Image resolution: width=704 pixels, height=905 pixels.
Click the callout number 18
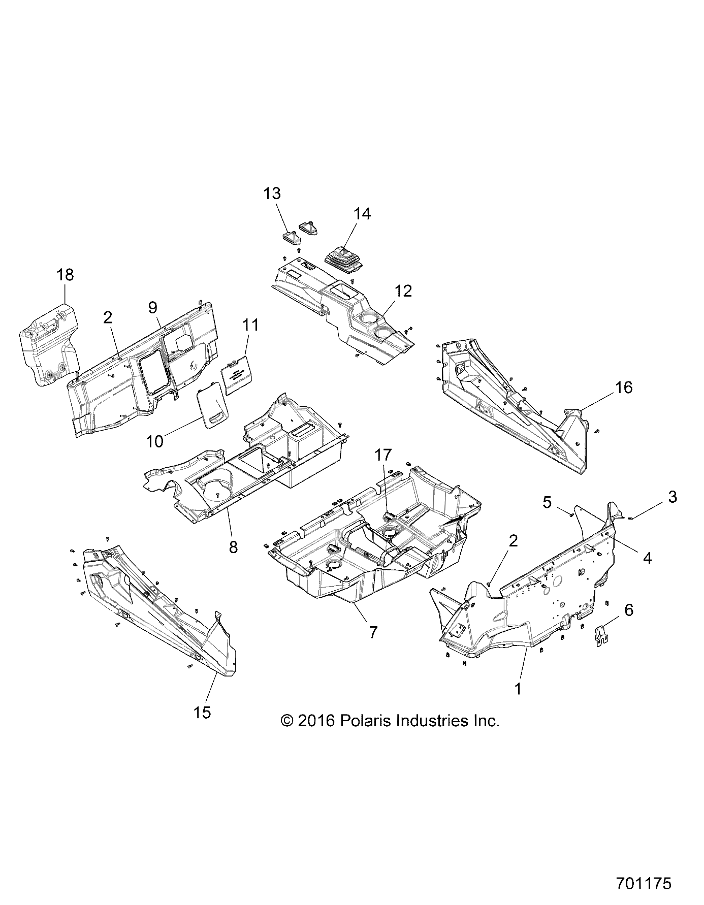point(66,275)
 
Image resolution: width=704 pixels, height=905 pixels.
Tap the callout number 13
point(272,193)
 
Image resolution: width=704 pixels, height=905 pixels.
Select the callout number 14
point(362,214)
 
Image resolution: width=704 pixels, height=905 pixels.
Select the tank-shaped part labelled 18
point(49,345)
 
